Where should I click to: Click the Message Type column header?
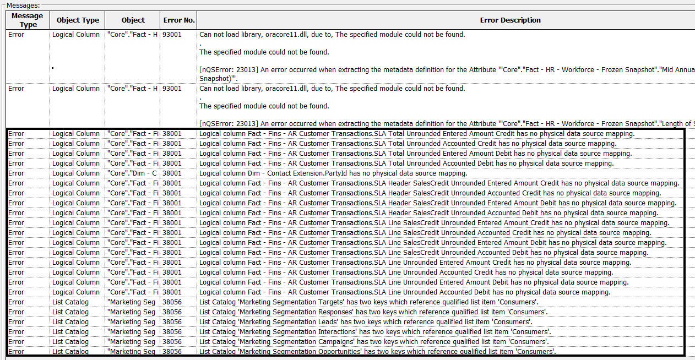click(27, 20)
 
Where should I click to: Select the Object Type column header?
click(78, 20)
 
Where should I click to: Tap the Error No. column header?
click(179, 20)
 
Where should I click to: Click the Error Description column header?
click(510, 20)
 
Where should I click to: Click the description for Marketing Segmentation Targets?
click(369, 302)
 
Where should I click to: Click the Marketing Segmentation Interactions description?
click(375, 332)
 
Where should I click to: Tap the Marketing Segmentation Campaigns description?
click(373, 342)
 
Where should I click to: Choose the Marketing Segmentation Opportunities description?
click(377, 352)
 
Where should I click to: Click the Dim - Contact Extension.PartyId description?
click(333, 173)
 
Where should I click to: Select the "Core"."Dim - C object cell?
click(133, 173)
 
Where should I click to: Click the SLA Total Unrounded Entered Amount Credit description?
click(417, 134)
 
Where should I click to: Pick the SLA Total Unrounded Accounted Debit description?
click(406, 163)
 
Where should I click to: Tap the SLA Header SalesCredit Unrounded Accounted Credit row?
click(430, 193)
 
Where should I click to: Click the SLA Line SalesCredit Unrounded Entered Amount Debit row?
click(433, 243)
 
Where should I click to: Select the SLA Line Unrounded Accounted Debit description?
click(405, 292)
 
